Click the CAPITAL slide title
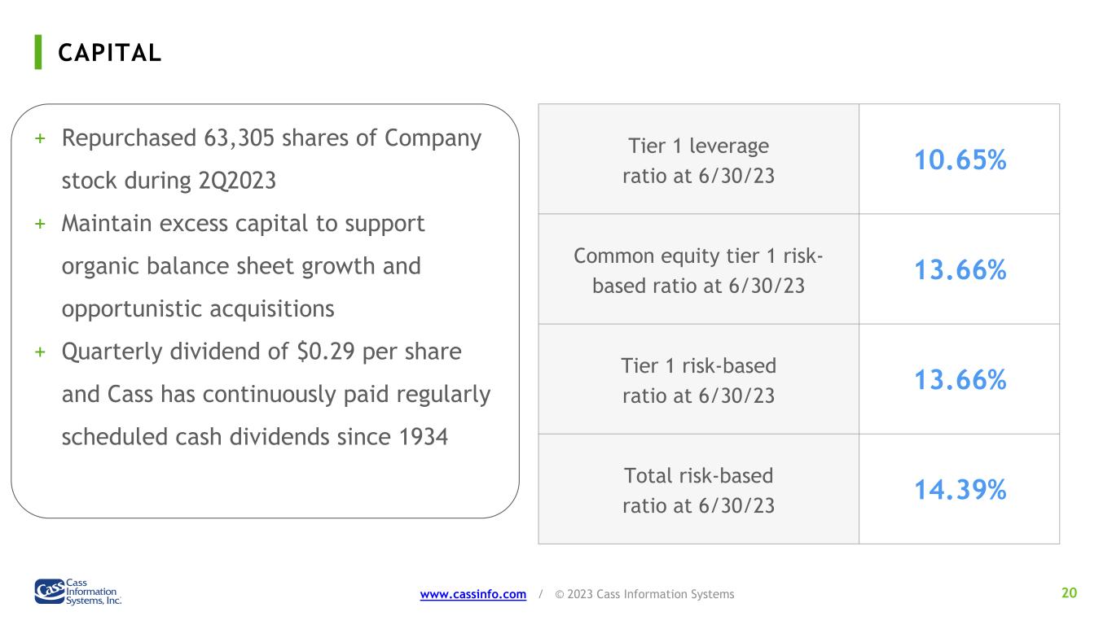tap(110, 53)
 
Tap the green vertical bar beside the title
tap(38, 52)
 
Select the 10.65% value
tap(960, 160)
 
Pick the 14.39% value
tap(960, 490)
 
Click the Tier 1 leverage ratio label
tap(698, 160)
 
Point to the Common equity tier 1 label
tap(698, 271)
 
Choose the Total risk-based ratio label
tap(698, 491)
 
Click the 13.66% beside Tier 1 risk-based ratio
tap(960, 379)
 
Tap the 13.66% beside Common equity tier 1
tap(960, 270)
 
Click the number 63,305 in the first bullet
tap(239, 138)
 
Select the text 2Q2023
tap(237, 181)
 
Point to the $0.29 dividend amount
tap(326, 352)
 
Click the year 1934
tap(424, 437)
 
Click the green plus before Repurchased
tap(40, 138)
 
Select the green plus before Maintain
tap(40, 224)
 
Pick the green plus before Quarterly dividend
tap(40, 352)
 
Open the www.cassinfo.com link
tap(473, 594)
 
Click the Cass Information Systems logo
tap(78, 592)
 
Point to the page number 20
tap(1070, 592)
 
